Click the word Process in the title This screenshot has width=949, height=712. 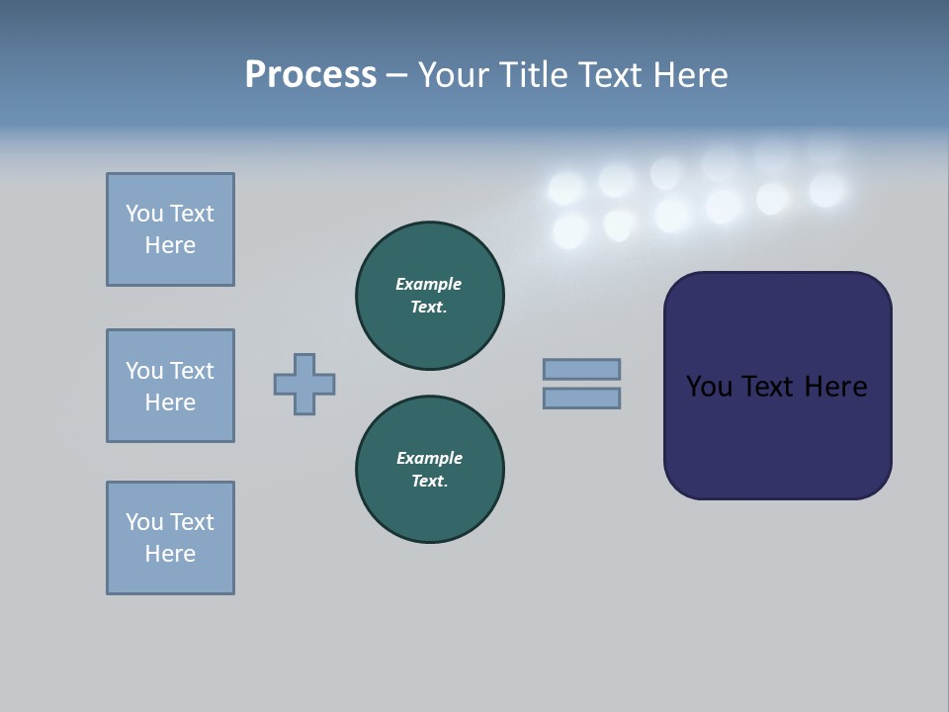(310, 74)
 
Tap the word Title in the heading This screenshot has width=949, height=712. (534, 74)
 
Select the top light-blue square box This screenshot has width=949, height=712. (170, 229)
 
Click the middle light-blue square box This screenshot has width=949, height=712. (170, 386)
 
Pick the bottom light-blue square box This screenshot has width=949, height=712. (170, 538)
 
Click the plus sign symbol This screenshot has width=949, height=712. (304, 384)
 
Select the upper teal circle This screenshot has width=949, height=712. (430, 296)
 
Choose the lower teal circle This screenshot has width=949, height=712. (430, 470)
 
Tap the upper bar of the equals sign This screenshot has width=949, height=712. (581, 369)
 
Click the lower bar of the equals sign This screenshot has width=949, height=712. (581, 398)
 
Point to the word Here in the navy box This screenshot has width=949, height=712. (835, 387)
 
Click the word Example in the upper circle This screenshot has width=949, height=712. (429, 284)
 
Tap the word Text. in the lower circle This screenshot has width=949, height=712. (429, 482)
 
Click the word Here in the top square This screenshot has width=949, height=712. (170, 245)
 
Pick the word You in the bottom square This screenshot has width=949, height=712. (144, 522)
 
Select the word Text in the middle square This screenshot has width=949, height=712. (191, 371)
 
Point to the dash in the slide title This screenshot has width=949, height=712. (397, 75)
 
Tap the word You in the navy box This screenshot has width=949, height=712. (709, 387)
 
